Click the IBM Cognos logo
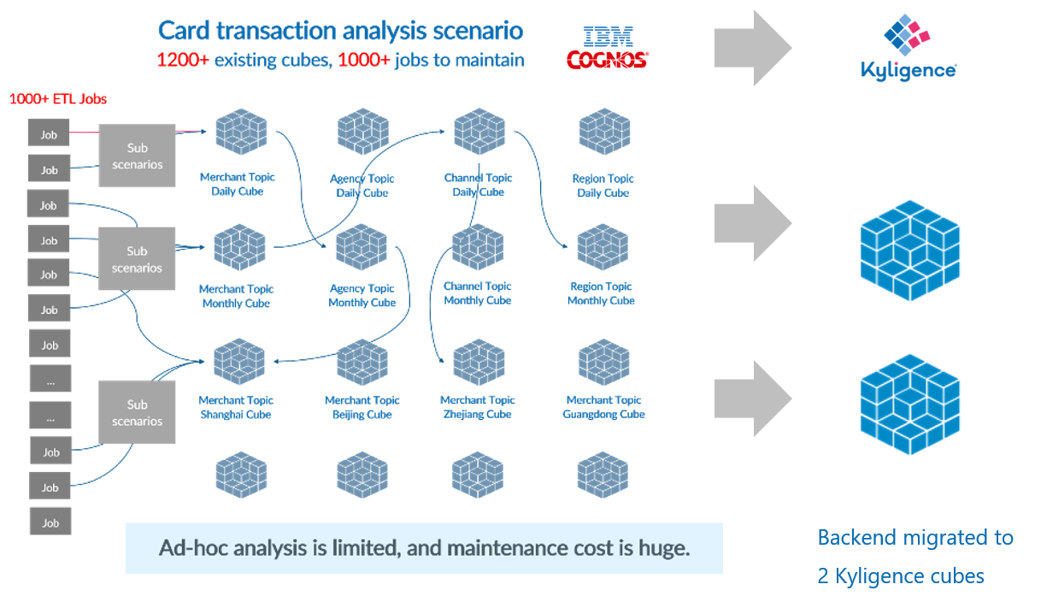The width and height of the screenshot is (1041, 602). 606,48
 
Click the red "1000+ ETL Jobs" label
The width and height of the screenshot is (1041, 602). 58,99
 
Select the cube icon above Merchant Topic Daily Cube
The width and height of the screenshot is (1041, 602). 239,133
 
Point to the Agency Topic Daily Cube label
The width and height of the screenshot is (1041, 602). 362,186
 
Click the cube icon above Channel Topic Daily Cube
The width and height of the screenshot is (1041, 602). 479,132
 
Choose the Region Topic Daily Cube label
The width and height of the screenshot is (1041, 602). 603,186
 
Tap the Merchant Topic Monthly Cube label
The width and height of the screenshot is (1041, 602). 236,296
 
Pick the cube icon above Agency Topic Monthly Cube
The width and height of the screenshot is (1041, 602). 362,247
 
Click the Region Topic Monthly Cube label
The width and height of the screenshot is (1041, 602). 601,293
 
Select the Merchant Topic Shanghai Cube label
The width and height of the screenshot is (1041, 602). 236,407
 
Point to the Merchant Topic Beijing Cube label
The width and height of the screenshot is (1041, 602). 362,407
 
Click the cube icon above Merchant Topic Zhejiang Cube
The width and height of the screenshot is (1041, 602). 478,362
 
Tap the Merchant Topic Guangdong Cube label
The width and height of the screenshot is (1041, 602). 603,407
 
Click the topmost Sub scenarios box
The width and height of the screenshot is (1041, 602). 137,156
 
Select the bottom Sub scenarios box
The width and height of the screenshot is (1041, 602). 137,412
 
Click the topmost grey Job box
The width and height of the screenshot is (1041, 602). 49,134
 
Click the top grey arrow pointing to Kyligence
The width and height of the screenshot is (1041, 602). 753,48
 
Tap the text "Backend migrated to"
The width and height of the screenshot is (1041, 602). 915,538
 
